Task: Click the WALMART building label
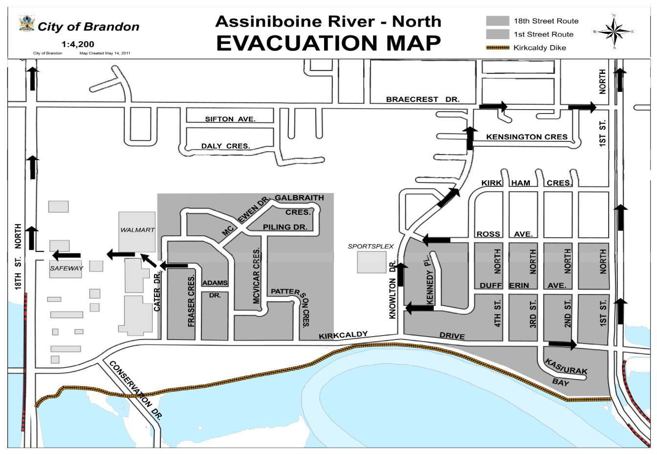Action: [x=137, y=229]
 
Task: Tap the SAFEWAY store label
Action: [x=66, y=268]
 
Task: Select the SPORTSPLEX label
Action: [x=371, y=246]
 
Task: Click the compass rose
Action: [x=614, y=31]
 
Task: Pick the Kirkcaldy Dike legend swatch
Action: [x=497, y=47]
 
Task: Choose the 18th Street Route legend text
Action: [x=546, y=21]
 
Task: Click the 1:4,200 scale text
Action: [x=78, y=45]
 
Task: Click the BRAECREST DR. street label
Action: [x=422, y=99]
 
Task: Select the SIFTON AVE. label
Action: [x=230, y=119]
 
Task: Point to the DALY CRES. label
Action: [x=225, y=146]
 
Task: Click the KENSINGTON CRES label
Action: [x=526, y=137]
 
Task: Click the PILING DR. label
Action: [x=285, y=227]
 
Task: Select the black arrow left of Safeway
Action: [x=66, y=255]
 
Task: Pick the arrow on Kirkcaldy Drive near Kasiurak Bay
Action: [x=563, y=344]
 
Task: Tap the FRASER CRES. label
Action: [x=191, y=301]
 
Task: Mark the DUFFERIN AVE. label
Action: [x=523, y=285]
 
